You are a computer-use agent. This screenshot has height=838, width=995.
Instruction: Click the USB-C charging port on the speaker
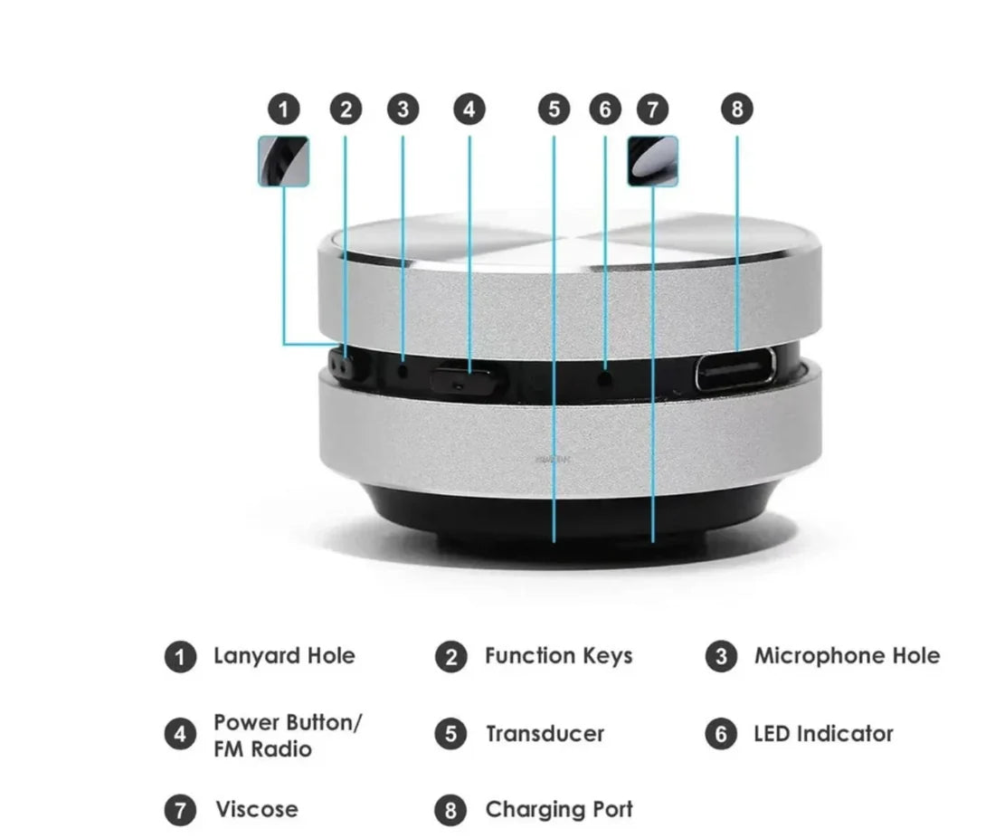[x=735, y=369]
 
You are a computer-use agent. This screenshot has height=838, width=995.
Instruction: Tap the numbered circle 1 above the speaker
[x=284, y=110]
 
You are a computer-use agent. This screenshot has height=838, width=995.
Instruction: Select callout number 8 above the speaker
[x=736, y=110]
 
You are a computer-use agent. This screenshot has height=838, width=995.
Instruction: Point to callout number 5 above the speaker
[x=554, y=110]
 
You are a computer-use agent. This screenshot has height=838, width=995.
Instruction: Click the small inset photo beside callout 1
[x=284, y=161]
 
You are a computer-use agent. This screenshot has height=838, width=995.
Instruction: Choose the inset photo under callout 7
[x=652, y=161]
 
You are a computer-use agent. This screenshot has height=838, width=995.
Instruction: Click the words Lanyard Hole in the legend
[x=284, y=656]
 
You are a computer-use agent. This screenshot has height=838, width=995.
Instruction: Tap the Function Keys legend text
[x=558, y=656]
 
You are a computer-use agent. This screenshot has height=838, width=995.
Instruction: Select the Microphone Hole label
[x=847, y=656]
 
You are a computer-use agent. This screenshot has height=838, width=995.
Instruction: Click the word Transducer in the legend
[x=545, y=734]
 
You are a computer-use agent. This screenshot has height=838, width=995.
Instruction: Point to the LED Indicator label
[x=823, y=734]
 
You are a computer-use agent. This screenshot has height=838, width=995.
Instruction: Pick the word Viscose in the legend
[x=256, y=809]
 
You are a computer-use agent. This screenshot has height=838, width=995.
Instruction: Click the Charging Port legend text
[x=559, y=809]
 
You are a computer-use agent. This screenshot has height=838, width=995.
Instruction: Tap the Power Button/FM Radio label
[x=288, y=736]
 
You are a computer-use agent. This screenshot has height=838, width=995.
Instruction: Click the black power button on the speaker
[x=466, y=380]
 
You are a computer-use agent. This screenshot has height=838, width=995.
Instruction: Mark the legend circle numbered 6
[x=721, y=734]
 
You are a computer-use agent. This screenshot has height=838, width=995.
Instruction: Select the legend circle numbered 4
[x=180, y=734]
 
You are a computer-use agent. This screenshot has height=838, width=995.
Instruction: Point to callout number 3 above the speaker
[x=403, y=110]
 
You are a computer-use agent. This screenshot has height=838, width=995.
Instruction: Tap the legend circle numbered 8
[x=450, y=809]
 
